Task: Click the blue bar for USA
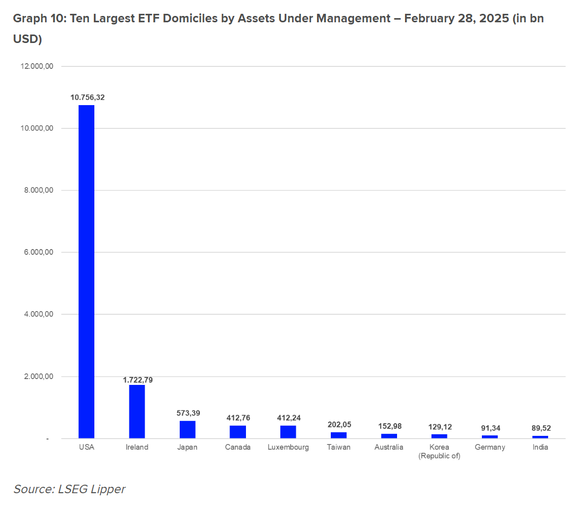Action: (86, 272)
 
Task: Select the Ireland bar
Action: (137, 411)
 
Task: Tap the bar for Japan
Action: (188, 429)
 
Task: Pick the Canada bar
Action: (238, 432)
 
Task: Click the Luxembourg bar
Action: (288, 432)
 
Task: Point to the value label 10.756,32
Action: (87, 97)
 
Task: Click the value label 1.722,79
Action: (138, 380)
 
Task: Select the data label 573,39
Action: (188, 413)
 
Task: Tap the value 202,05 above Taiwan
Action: (339, 425)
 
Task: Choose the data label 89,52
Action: (541, 428)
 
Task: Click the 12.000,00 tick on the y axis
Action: (37, 66)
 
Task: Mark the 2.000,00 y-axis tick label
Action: (39, 376)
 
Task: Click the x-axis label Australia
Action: (389, 447)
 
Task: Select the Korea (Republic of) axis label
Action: (439, 452)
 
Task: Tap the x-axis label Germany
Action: (490, 448)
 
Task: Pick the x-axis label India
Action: (540, 447)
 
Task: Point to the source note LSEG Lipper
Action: (92, 489)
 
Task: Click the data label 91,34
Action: (490, 428)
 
